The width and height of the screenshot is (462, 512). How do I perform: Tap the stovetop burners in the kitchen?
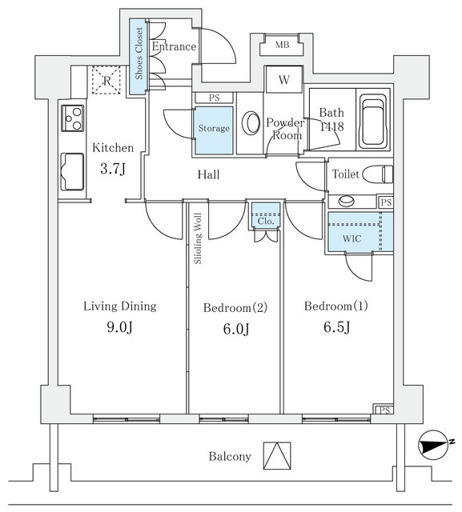[73, 118]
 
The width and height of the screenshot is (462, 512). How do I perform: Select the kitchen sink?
[72, 171]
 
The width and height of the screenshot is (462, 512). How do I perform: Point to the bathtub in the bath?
[373, 122]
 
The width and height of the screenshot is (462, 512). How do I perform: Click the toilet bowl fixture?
[379, 174]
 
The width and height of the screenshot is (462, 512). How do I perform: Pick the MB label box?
[282, 45]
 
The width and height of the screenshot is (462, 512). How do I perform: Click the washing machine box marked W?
[284, 80]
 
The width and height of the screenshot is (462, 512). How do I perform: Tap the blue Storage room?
[215, 130]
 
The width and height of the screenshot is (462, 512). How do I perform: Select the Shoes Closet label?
[139, 54]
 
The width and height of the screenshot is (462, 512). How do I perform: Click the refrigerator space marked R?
[106, 80]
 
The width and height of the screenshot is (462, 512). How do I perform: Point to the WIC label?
[352, 238]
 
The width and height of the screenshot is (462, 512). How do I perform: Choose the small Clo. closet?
[266, 216]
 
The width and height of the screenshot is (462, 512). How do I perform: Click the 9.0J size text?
[120, 327]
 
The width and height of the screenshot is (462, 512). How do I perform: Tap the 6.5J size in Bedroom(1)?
[337, 327]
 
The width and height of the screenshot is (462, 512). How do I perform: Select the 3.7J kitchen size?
[113, 169]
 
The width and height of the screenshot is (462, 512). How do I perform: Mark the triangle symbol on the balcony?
[277, 456]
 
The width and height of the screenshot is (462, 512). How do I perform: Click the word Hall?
[209, 174]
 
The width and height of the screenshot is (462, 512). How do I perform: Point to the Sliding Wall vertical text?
[198, 238]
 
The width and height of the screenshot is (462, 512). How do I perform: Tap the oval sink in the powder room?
[251, 122]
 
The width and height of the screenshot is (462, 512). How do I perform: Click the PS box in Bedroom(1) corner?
[384, 410]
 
